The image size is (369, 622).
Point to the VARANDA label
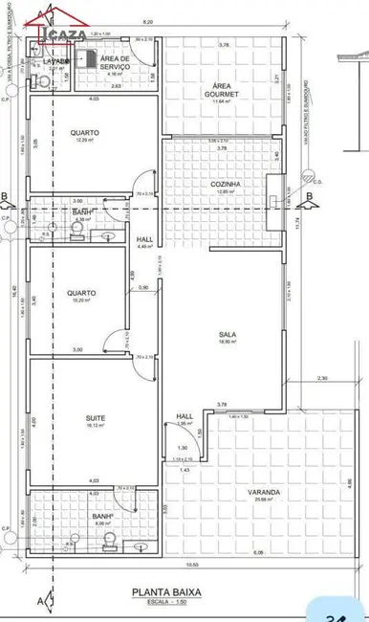pyautogui.click(x=268, y=492)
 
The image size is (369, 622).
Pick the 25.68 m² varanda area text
pyautogui.click(x=268, y=500)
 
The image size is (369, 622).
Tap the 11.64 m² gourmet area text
pyautogui.click(x=226, y=101)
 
